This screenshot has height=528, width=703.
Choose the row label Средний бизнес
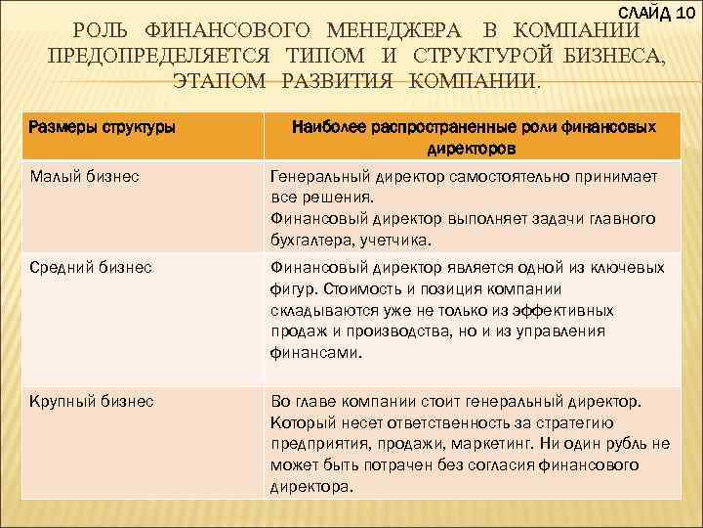point(92,267)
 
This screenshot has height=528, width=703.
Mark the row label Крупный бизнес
point(92,401)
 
